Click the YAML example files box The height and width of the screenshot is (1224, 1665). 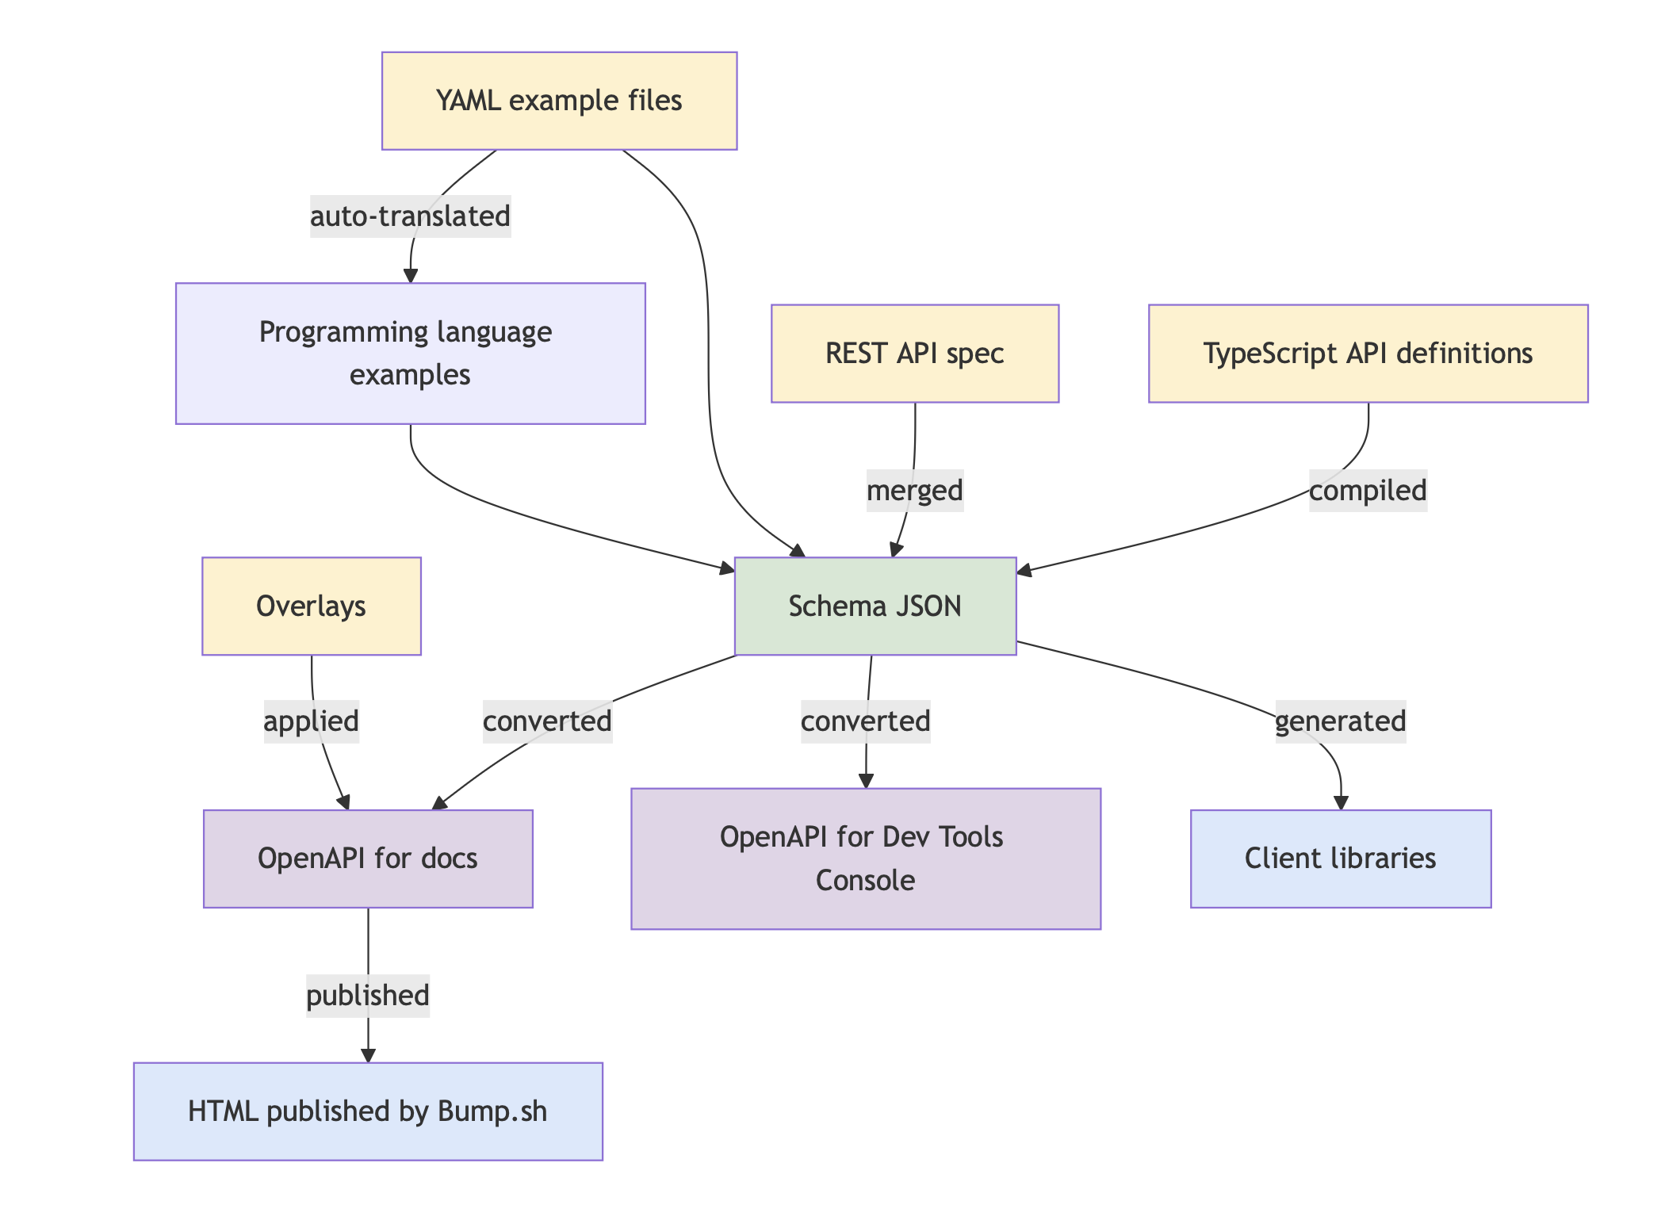[x=559, y=101]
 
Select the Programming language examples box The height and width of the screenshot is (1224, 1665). [x=410, y=353]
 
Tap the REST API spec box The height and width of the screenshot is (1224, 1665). [x=914, y=353]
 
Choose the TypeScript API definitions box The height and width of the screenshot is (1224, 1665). [x=1368, y=353]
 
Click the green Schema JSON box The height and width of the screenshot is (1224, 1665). [x=875, y=606]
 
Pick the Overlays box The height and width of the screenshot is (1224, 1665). [x=311, y=606]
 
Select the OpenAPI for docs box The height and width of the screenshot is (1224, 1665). [x=368, y=858]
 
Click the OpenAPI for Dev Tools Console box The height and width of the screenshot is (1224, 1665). [x=865, y=858]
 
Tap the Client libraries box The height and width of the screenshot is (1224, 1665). [x=1340, y=858]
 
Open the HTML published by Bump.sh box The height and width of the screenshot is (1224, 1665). [x=368, y=1111]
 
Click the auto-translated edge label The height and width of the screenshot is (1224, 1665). [x=410, y=216]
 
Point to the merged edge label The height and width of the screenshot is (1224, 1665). [x=914, y=490]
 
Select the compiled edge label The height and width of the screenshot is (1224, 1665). [x=1368, y=490]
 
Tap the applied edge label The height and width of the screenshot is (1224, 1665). [x=311, y=721]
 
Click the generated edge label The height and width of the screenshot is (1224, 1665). [x=1340, y=721]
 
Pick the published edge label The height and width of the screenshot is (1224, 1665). [x=368, y=995]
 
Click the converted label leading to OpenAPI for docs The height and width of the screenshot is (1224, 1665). [x=547, y=721]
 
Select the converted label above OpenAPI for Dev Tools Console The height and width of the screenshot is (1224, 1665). [x=865, y=721]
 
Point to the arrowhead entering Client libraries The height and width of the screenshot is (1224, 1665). [x=1341, y=803]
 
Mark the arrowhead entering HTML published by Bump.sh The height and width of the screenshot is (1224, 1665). [x=368, y=1055]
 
